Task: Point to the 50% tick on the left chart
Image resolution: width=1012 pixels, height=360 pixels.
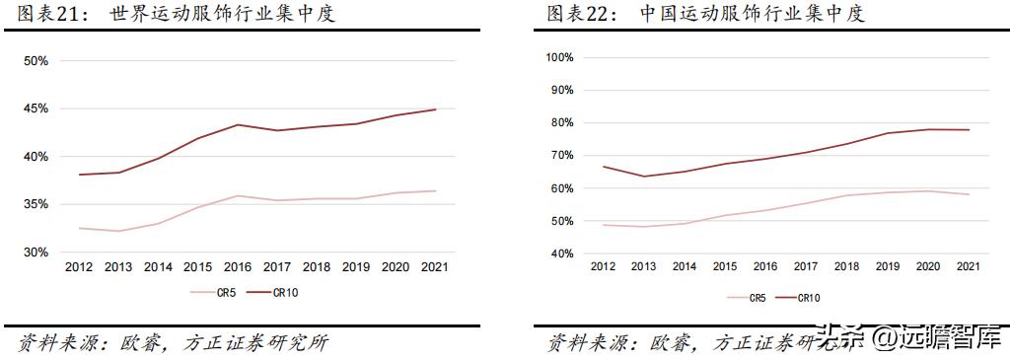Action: (36, 61)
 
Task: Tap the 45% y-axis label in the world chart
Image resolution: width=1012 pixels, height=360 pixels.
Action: (36, 109)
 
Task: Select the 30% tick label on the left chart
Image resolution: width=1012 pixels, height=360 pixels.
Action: (36, 252)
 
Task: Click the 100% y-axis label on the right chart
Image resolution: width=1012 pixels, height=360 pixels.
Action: (558, 57)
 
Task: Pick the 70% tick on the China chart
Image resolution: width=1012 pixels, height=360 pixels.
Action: (561, 156)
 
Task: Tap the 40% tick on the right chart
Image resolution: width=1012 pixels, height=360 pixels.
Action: (561, 253)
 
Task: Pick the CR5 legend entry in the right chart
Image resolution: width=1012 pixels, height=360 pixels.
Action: (747, 297)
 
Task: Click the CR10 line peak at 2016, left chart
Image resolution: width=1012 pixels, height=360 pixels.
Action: (239, 124)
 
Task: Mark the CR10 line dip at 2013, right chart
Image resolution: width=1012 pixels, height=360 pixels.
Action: (643, 177)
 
